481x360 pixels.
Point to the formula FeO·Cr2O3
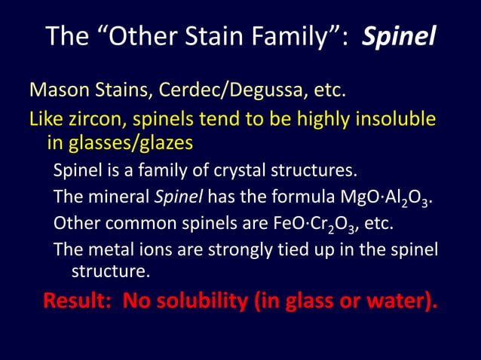321,225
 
